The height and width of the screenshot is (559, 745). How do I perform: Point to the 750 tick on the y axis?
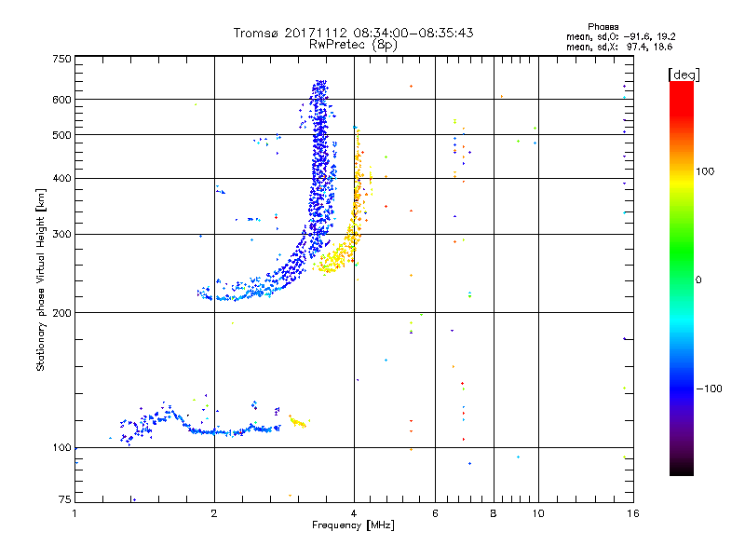[x=61, y=59]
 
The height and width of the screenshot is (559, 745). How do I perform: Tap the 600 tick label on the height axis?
[x=61, y=100]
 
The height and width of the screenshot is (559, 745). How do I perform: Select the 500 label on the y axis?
[x=61, y=135]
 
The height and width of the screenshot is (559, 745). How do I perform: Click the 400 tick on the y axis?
[x=61, y=178]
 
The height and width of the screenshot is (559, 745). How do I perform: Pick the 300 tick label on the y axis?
[x=61, y=234]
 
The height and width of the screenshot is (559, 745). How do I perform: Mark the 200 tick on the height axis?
[x=61, y=312]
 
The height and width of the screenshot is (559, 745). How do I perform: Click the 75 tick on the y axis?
[x=64, y=502]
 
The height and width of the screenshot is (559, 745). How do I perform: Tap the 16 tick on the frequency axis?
[x=631, y=512]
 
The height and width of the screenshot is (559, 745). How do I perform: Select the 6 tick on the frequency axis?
[x=435, y=512]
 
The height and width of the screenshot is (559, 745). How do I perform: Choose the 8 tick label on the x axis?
[x=494, y=512]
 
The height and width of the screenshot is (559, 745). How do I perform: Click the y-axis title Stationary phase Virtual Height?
[x=41, y=279]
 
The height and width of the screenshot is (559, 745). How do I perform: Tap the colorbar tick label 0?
[x=698, y=279]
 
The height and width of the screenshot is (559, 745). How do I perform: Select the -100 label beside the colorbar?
[x=709, y=389]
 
